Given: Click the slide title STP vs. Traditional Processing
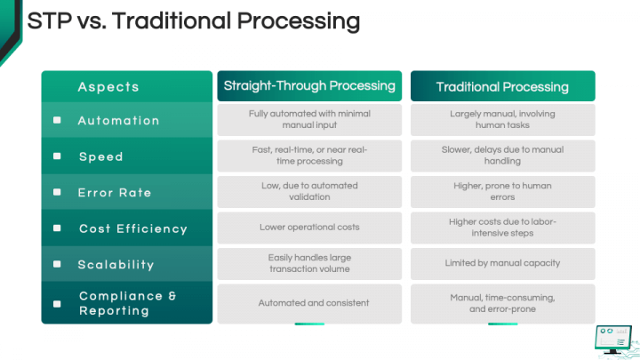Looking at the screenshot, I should tap(193, 21).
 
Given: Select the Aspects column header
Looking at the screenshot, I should tap(108, 86).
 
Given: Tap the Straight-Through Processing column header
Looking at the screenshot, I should tap(309, 86).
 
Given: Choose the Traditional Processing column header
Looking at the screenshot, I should tap(502, 86).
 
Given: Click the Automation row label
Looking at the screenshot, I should tap(118, 120).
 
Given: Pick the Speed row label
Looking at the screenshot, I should tap(100, 156).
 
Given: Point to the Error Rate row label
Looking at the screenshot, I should tap(115, 192).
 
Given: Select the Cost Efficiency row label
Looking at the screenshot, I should tap(133, 228).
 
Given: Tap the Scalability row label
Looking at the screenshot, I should tap(116, 264).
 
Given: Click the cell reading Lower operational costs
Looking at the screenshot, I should tap(309, 228).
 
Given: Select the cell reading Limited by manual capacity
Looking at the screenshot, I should tap(502, 263).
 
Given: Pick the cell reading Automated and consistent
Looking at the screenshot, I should tap(309, 303).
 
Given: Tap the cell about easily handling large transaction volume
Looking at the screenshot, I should tap(309, 263).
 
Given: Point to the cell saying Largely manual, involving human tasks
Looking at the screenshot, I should tap(502, 120).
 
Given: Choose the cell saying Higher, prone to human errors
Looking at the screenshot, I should tap(502, 191).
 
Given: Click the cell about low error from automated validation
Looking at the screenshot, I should tap(309, 191).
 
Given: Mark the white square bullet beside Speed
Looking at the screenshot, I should tap(57, 156).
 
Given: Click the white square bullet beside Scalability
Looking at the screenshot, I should tap(57, 264).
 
